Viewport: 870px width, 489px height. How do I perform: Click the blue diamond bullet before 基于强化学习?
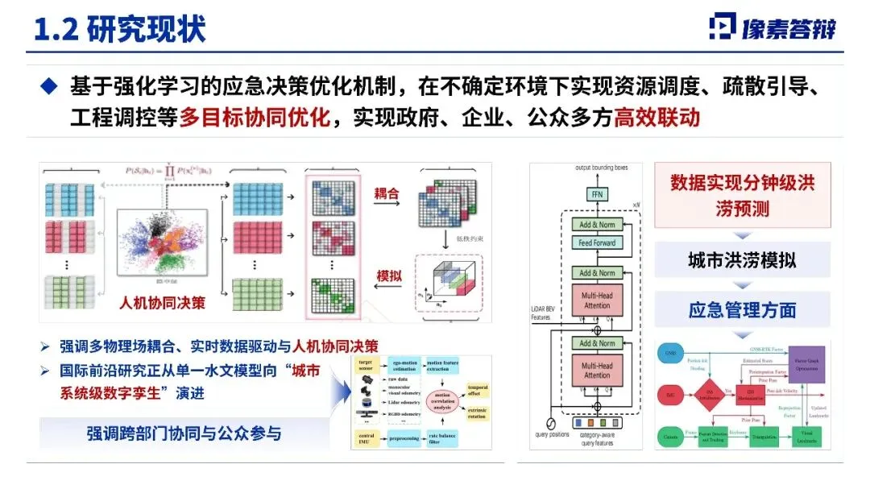(x=50, y=85)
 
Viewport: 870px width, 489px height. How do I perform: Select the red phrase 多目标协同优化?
(x=255, y=118)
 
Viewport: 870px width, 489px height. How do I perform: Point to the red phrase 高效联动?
(x=657, y=118)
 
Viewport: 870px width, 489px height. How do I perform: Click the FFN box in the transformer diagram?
(x=597, y=195)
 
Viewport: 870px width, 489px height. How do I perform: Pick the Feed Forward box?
(x=597, y=242)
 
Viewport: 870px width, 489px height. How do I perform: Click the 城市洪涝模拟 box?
(x=742, y=261)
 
